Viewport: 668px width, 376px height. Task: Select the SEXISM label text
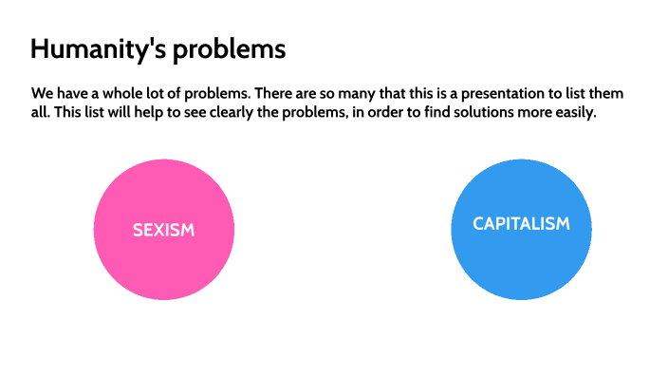[163, 230]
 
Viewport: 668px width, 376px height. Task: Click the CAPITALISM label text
[521, 224]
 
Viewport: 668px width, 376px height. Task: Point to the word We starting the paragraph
[43, 95]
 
